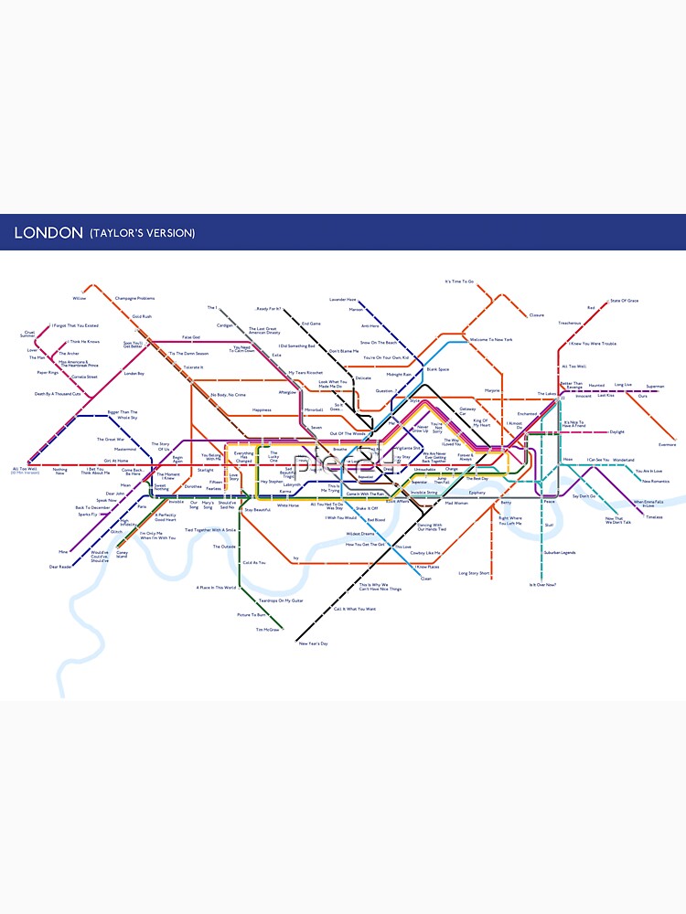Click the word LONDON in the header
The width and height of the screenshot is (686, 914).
[x=48, y=233]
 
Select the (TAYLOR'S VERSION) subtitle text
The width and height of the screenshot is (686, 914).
[x=142, y=233]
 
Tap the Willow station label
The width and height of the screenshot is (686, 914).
[x=79, y=298]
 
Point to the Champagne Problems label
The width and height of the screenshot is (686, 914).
[x=134, y=298]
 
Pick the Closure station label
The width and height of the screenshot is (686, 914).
[x=537, y=315]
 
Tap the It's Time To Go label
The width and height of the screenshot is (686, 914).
[x=459, y=282]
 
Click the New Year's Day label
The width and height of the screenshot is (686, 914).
[x=312, y=644]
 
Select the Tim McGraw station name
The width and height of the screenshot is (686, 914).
[x=267, y=630]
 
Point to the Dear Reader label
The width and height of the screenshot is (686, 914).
[x=60, y=567]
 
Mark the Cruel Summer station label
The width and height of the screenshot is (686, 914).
[x=29, y=334]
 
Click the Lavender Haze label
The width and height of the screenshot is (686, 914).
[x=342, y=300]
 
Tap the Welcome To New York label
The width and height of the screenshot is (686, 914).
[x=491, y=340]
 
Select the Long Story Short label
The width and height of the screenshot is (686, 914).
[x=474, y=573]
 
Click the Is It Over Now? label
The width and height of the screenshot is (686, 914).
[x=542, y=585]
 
